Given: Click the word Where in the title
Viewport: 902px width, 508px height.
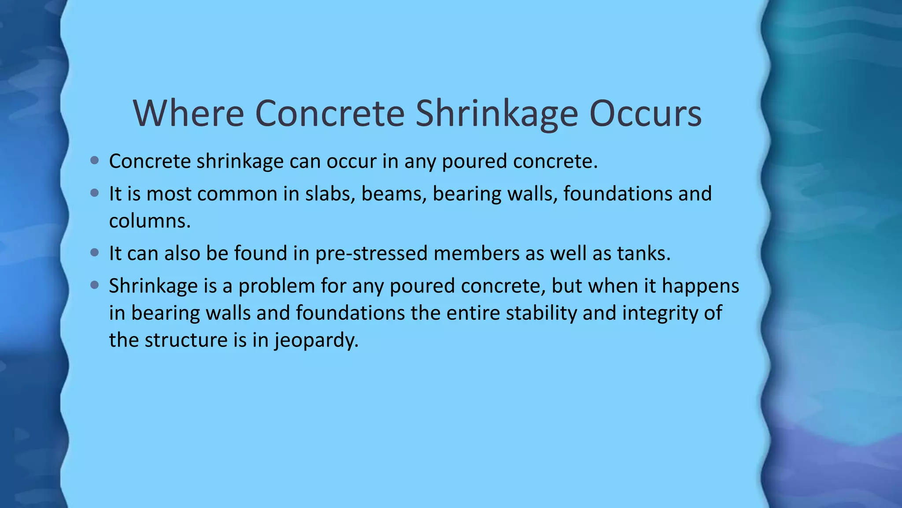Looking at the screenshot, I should tap(189, 113).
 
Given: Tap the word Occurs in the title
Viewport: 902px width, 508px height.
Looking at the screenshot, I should tap(645, 113).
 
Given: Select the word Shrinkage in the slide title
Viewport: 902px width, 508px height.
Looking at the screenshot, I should tap(496, 113).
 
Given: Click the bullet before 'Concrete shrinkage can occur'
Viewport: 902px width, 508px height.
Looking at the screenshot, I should tap(94, 161).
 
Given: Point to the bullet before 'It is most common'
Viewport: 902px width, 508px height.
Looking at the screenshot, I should tap(94, 193).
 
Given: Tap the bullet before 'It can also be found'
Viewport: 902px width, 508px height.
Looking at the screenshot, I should tap(94, 253).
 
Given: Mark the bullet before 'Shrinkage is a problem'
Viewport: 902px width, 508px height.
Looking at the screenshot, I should tap(94, 285).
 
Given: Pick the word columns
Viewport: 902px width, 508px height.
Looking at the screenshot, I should tap(150, 221).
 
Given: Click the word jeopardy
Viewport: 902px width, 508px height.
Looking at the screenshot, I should tap(317, 340).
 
